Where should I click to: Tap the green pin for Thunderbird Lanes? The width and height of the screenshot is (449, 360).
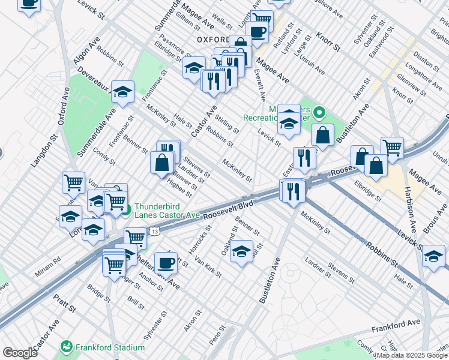point(126,210)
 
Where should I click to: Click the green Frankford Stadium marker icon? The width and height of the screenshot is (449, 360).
point(67,347)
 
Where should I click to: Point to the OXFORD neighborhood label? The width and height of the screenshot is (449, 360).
point(214,40)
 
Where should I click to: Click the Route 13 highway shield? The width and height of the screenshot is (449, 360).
point(155,231)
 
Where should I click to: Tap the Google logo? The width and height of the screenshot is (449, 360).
point(20,353)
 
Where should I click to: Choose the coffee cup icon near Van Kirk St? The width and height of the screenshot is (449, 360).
point(166,262)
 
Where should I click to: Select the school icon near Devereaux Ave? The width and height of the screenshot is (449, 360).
point(122,92)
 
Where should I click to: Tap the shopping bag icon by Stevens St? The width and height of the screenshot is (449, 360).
point(162,162)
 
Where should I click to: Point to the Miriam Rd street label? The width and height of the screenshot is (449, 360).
point(47,262)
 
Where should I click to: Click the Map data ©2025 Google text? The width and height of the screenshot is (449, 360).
point(412,355)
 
